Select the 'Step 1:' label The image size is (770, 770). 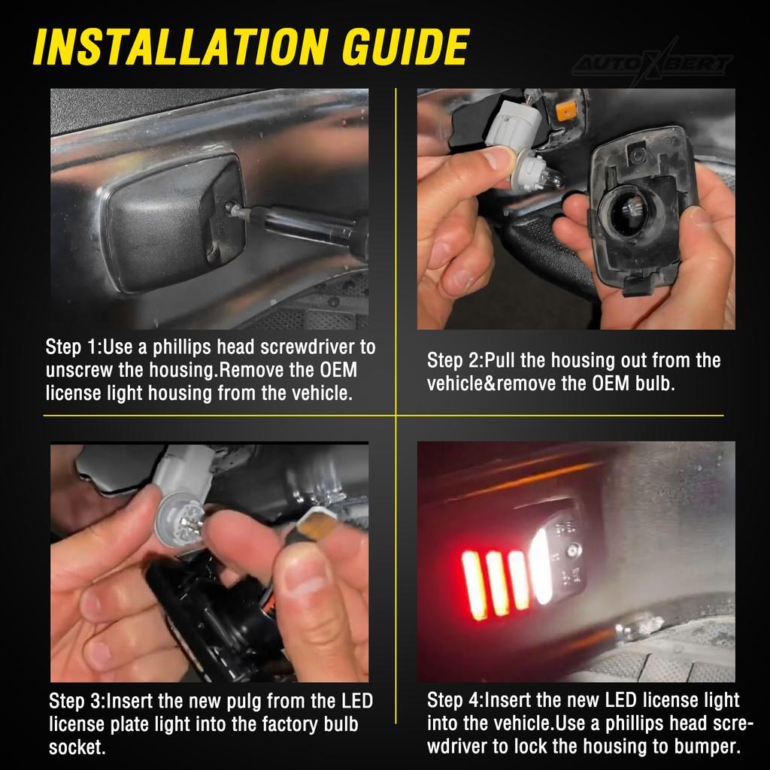[73, 347]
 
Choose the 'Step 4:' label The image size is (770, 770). [454, 701]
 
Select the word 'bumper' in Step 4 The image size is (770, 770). [706, 747]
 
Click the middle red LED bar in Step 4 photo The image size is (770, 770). [497, 582]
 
